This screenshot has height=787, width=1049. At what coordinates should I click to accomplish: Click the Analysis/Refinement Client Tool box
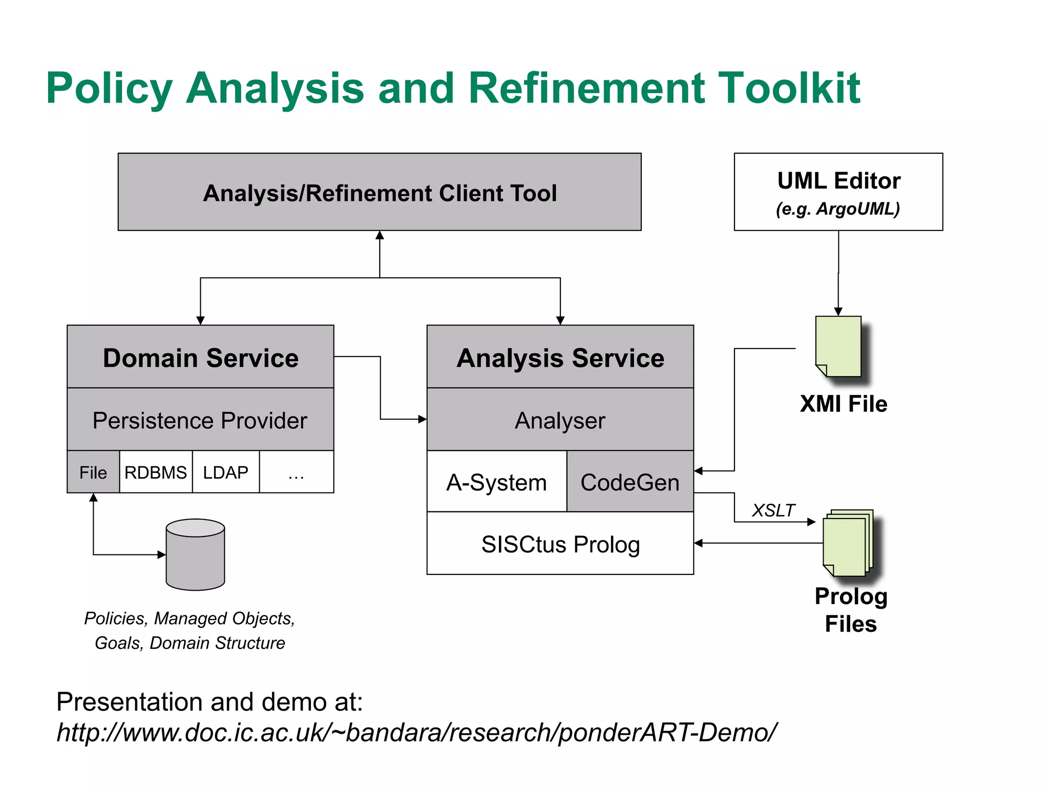(380, 192)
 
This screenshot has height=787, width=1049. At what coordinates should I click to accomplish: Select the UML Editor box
(838, 192)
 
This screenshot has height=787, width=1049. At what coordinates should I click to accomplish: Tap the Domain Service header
(200, 357)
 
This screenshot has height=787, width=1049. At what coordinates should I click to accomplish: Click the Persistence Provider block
(200, 420)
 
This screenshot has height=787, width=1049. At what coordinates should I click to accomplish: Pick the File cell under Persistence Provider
(93, 472)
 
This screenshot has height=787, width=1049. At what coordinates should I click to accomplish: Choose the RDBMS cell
(156, 472)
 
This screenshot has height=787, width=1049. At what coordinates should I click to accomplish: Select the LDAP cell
(225, 472)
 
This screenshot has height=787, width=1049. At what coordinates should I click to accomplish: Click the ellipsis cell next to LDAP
(296, 472)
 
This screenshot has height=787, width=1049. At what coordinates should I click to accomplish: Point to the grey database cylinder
(195, 555)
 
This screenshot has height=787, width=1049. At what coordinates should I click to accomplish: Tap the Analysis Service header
(560, 357)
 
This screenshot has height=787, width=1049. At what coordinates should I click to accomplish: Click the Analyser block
(560, 420)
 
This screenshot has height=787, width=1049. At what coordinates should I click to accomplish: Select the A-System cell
(496, 482)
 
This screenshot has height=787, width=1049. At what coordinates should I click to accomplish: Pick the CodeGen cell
(630, 482)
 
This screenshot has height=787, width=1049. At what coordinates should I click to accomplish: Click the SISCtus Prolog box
(560, 544)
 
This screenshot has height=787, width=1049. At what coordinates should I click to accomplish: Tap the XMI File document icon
(838, 346)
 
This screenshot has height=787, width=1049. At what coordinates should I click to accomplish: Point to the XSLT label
(773, 510)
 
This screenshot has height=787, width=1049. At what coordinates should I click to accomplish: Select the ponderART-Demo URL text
(416, 732)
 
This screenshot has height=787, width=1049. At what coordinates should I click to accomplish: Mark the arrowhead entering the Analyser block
(423, 419)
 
